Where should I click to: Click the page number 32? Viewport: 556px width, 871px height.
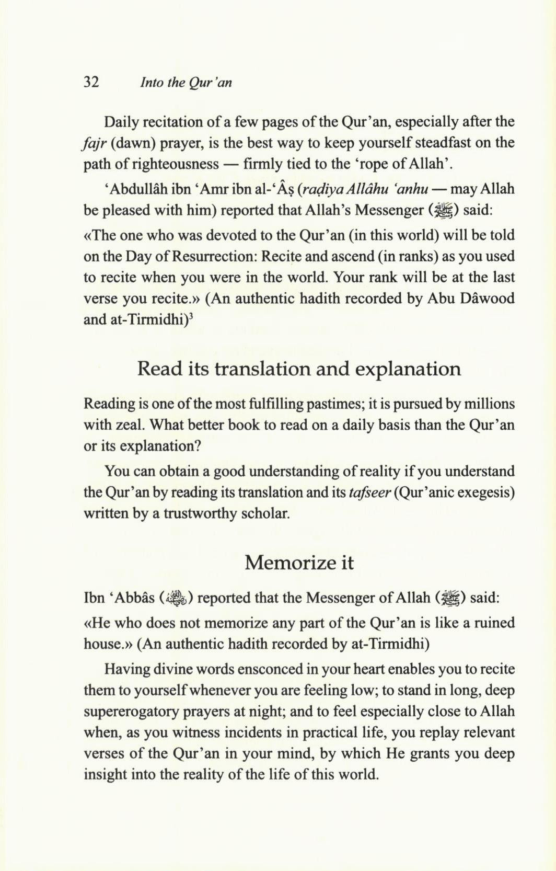coord(91,83)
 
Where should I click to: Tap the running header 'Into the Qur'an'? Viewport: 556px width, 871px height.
coord(186,83)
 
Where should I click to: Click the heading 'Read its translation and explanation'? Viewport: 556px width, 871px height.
coord(299,369)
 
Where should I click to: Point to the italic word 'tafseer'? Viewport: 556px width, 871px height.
coord(370,492)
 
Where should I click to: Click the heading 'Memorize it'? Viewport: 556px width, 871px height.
coord(299,563)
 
